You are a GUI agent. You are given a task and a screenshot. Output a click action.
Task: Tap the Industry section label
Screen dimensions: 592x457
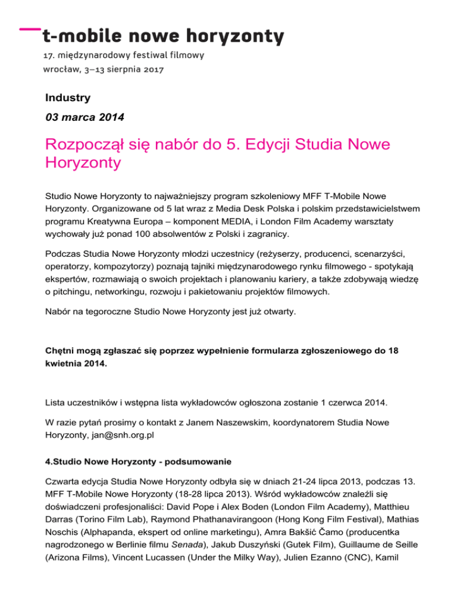click(x=68, y=97)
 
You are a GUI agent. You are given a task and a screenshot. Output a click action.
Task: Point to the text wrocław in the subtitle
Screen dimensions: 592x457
click(x=61, y=69)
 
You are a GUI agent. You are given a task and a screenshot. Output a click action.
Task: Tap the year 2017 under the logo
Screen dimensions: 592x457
click(x=154, y=69)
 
